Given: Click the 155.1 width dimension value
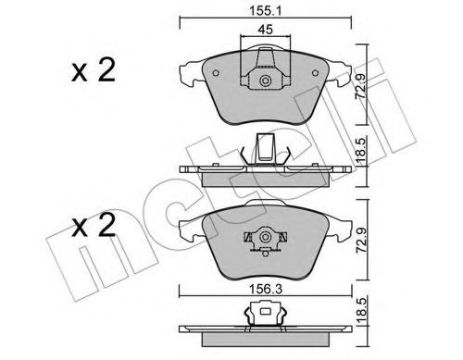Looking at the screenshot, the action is click(266, 12).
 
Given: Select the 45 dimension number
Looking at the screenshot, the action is click(266, 30).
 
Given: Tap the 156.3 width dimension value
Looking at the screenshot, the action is click(266, 290).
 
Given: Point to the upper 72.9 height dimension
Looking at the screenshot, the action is click(360, 86).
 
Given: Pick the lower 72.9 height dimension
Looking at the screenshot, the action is click(361, 241).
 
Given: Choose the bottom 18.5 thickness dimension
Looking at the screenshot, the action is click(361, 310).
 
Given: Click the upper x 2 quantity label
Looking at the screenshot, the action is click(94, 70).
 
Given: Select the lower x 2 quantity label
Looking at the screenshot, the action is click(94, 226).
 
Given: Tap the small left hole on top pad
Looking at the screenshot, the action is click(216, 73).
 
